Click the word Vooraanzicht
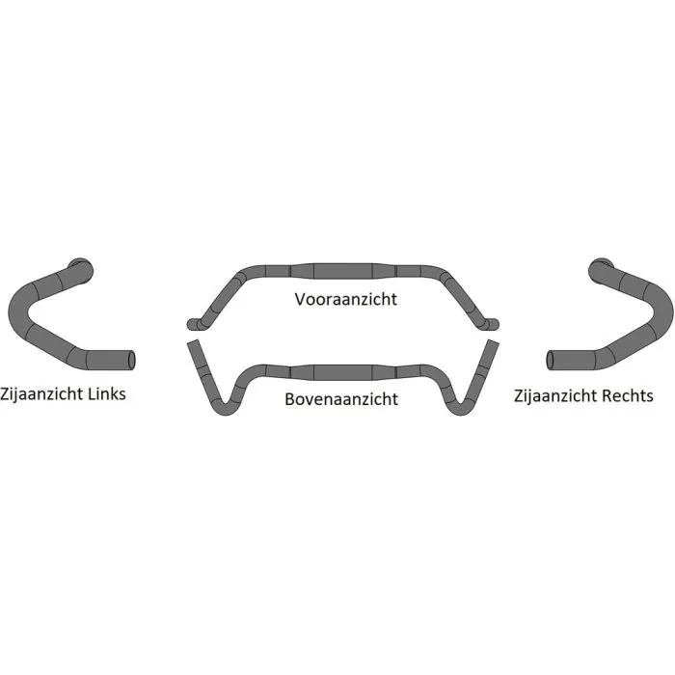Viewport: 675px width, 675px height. pos(345,299)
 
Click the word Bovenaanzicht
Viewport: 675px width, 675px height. pos(341,399)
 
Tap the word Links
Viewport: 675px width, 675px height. pos(106,393)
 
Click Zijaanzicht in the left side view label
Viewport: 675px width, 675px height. pos(41,394)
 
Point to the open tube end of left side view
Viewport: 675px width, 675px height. pos(131,361)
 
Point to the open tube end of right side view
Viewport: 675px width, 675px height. pos(550,361)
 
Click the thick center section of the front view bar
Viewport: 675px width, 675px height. pos(342,271)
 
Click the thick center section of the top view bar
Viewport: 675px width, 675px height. pos(342,373)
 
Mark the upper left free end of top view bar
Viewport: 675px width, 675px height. pos(193,341)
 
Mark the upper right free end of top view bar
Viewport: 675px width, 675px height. pos(493,341)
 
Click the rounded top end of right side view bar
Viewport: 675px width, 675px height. pos(600,270)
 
